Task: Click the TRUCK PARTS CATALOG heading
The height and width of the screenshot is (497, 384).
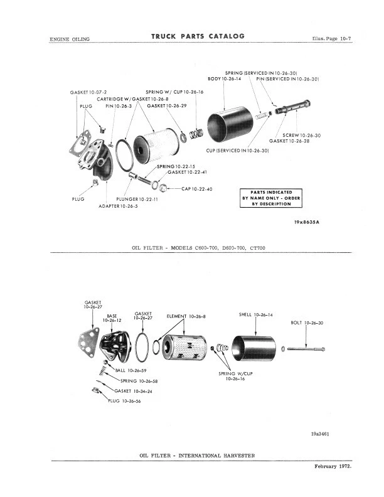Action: pyautogui.click(x=198, y=36)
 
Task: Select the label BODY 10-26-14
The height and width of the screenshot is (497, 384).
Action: pyautogui.click(x=224, y=79)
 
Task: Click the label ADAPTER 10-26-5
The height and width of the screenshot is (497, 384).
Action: pyautogui.click(x=119, y=206)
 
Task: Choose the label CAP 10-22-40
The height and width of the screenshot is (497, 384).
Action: pyautogui.click(x=197, y=189)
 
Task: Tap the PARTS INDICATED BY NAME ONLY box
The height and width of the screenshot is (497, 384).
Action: pyautogui.click(x=271, y=198)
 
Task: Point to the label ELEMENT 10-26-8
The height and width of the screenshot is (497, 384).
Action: pyautogui.click(x=186, y=316)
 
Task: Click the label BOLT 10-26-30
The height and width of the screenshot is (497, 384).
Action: pyautogui.click(x=307, y=323)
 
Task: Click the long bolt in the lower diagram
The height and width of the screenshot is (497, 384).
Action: pyautogui.click(x=307, y=348)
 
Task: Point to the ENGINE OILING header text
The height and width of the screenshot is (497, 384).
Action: pyautogui.click(x=70, y=39)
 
